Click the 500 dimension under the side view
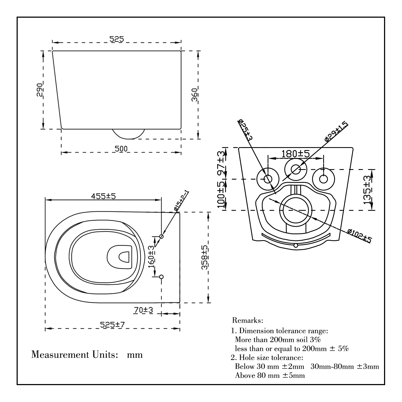tap(121, 149)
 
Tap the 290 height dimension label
tap(40, 90)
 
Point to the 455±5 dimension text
tap(103, 196)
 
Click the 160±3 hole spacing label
tap(151, 257)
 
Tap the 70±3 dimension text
tap(143, 310)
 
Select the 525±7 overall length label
tap(113, 325)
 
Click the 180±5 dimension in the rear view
tap(296, 154)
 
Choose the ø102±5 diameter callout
tap(359, 236)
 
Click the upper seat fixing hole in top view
tap(161, 236)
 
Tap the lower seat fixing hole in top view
tap(161, 277)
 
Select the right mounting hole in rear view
tap(323, 179)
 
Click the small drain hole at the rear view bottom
tap(296, 245)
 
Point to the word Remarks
tap(248, 320)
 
